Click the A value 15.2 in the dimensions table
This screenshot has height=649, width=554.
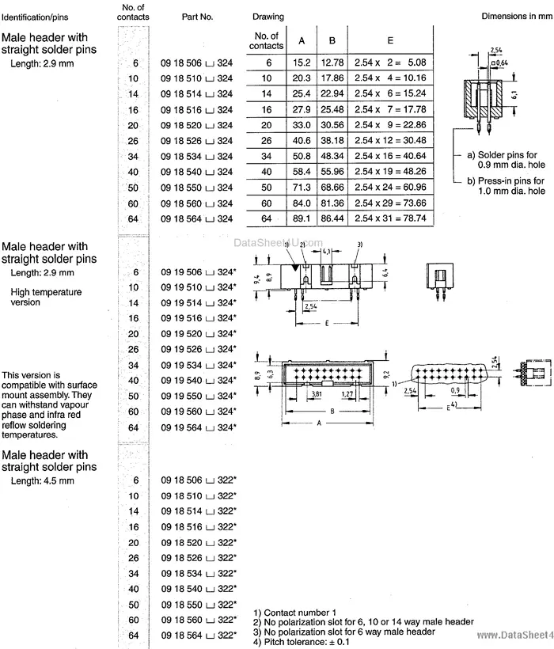pyautogui.click(x=301, y=63)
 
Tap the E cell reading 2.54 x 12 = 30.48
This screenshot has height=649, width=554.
pyautogui.click(x=391, y=140)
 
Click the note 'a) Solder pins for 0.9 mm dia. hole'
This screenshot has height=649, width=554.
pyautogui.click(x=505, y=162)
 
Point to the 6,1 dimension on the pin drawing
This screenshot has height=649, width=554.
pyautogui.click(x=516, y=93)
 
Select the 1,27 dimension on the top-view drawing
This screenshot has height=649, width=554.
pyautogui.click(x=347, y=393)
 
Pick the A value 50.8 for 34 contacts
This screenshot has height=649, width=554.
pyautogui.click(x=301, y=156)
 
